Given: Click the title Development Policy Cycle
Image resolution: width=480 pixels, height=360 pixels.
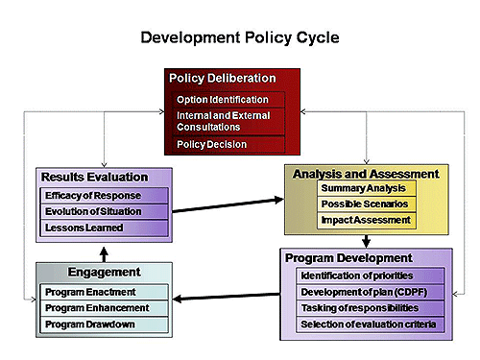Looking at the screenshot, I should point(239,38).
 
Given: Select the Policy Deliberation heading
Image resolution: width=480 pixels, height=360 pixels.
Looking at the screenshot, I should point(222,79).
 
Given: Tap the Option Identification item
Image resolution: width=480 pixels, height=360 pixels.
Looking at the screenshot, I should point(222,100).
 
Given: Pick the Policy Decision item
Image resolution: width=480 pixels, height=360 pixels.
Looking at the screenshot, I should point(212,144).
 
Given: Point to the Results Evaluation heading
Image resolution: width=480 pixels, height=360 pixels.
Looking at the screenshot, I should point(94,177).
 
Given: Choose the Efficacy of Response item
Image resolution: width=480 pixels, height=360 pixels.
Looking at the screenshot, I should point(91,195).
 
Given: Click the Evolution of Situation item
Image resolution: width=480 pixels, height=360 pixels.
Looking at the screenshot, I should point(92,211).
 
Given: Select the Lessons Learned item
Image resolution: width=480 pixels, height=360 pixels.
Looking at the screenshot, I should point(84,228).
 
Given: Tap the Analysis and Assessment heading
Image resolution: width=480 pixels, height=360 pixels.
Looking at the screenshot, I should point(366,174).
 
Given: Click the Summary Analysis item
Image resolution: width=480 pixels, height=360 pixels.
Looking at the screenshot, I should point(363,189).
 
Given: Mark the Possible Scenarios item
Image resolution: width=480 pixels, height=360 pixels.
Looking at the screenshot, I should point(364,204).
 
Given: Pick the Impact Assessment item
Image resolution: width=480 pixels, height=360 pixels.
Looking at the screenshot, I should point(365,220).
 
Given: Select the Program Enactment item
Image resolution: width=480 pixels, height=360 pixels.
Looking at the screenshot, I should point(90,292).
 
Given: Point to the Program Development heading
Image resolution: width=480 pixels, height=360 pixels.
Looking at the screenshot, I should point(348,258).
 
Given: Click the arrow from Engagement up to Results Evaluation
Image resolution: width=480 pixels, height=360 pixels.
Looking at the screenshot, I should point(104,251).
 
